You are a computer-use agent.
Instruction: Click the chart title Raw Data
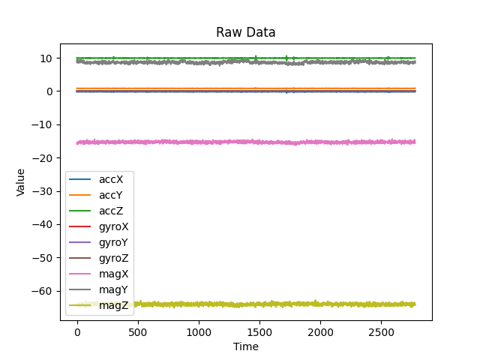pos(245,32)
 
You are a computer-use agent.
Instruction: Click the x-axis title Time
pos(245,346)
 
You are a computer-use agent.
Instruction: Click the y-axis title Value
pos(21,182)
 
